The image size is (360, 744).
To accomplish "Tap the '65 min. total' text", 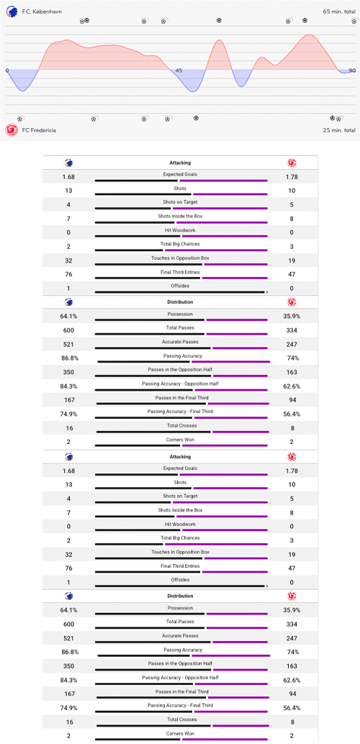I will tap(339, 12).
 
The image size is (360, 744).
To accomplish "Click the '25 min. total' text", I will tap(339, 130).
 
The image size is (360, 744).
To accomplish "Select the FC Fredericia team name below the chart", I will tap(39, 130).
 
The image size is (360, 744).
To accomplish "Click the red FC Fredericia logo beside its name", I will tap(12, 130).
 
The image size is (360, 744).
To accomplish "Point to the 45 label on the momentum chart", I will tap(179, 71).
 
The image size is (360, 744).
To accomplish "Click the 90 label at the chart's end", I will tap(351, 71).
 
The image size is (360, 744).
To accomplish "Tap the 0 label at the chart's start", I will tap(7, 71).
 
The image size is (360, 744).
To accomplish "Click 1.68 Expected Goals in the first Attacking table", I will tap(68, 177).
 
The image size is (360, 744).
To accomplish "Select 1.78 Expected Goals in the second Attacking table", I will tap(292, 471).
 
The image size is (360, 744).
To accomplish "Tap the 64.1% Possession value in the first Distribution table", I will tap(68, 317).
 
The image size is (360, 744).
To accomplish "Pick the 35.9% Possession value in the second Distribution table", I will tap(292, 610).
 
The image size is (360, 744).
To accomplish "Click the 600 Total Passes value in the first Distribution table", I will tap(68, 330).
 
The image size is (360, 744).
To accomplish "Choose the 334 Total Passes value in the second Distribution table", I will tap(292, 624).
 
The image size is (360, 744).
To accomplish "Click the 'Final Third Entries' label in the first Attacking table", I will tap(180, 272).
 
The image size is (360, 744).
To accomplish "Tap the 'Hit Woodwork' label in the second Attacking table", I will tap(180, 524).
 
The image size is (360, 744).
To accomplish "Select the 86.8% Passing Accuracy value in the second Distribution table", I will tap(68, 651).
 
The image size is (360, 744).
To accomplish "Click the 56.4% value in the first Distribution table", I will tap(292, 414).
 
